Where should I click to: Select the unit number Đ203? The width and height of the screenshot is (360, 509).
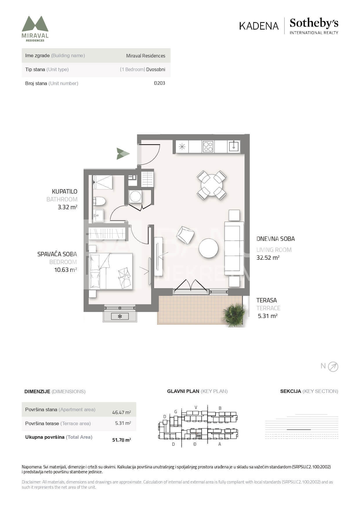160,83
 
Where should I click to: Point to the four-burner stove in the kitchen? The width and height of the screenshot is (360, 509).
208,147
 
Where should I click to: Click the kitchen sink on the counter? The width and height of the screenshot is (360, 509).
234,146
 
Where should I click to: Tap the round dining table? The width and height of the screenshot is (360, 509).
212,185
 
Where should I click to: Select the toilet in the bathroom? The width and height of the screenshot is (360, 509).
99,201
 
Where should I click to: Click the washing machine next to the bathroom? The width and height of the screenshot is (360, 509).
135,196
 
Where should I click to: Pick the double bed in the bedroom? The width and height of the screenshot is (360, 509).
111,271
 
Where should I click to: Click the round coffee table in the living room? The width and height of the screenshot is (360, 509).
208,248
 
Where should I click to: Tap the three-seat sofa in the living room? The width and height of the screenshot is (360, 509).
234,248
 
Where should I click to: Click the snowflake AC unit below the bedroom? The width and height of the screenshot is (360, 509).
120,316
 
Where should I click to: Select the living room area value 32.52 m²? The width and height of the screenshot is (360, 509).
268,258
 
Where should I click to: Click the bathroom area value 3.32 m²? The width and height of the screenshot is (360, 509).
67,207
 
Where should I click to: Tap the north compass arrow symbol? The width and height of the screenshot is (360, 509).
333,367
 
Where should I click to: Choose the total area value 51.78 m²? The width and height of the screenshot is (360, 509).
122,440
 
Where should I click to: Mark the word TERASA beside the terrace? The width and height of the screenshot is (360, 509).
266,300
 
